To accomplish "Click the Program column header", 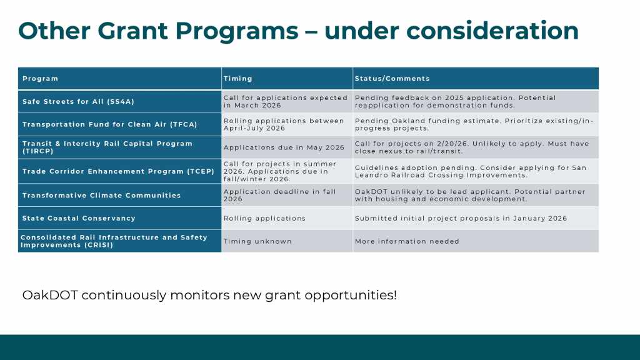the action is coord(40,78).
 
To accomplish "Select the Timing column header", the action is coord(238,78).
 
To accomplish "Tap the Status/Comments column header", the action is coord(392,78).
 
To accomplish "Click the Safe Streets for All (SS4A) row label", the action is coord(78,102).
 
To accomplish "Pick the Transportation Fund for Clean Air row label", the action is coord(110,124).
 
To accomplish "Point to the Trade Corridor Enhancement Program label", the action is coord(118,171).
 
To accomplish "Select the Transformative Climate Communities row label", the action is coord(102,196).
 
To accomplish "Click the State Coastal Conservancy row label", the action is coord(79,218).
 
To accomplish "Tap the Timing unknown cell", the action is coord(257,241).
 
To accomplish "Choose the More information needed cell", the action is coord(407,241).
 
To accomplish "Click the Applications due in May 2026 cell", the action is coord(284,147).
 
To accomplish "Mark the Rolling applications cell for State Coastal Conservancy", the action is coord(264,218).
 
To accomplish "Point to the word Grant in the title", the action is coord(132,31).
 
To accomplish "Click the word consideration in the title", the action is coord(492,31).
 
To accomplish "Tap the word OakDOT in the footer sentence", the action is coord(50,295).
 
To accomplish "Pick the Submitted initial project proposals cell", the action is coord(461,218).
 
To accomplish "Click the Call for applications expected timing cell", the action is coord(285,102).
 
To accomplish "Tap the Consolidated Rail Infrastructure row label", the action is coord(114,241).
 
